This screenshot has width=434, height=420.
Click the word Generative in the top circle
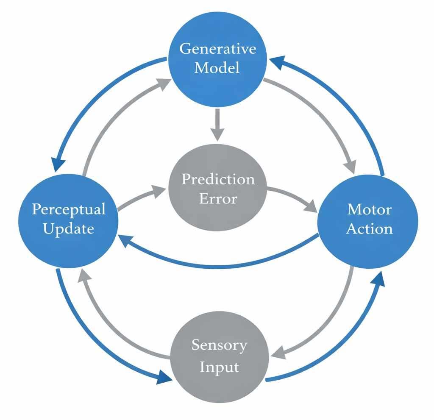point(218,49)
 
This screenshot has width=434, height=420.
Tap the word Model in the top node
point(217,68)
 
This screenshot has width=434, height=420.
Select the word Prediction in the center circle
point(218,179)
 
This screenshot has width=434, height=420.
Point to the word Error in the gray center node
point(218,199)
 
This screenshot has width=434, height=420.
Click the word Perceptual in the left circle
point(69,209)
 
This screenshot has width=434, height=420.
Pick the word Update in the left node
point(69,228)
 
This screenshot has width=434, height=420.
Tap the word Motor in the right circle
point(369,209)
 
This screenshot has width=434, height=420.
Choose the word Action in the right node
point(369,228)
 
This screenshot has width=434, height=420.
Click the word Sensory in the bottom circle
point(219,345)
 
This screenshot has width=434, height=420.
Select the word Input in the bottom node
point(219,366)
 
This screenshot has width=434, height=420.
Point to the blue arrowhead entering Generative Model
point(276,63)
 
